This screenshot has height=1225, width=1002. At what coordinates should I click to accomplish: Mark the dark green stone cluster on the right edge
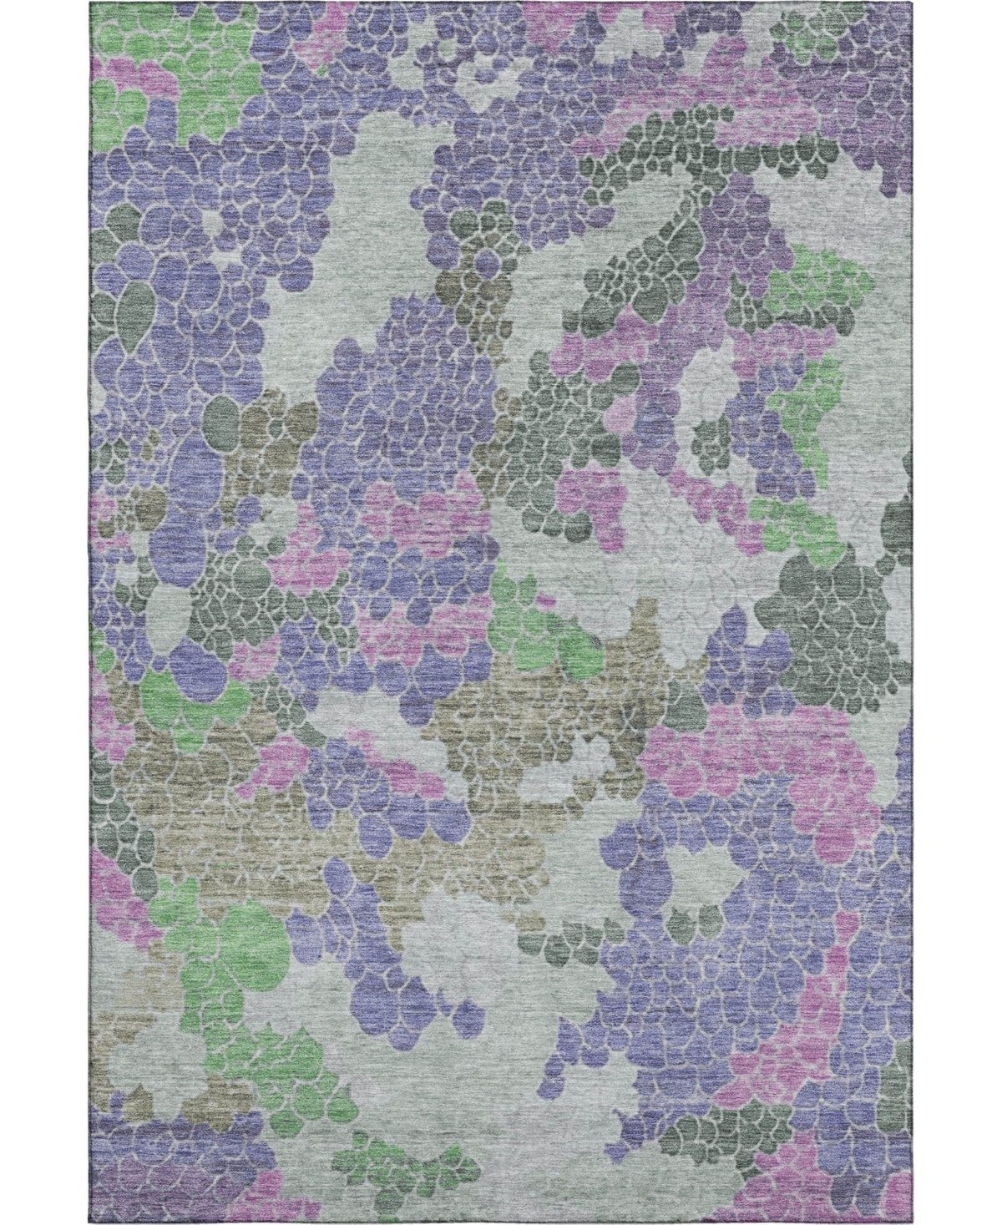coord(827,610)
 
